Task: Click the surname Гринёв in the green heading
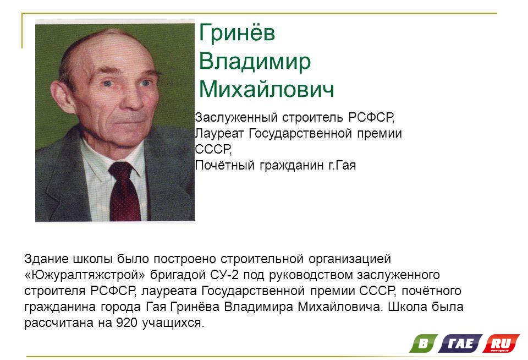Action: point(237,32)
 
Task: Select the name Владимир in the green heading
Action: point(255,62)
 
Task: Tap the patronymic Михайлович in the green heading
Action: point(267,89)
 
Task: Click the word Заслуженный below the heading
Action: point(237,117)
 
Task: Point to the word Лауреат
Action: point(219,133)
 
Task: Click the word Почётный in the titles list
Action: point(224,165)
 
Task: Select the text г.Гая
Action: point(342,166)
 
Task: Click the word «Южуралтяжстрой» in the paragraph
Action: point(85,275)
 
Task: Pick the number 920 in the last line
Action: point(127,323)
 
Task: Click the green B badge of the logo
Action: point(424,343)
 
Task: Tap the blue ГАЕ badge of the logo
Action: point(460,343)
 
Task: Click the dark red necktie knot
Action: point(121,170)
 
